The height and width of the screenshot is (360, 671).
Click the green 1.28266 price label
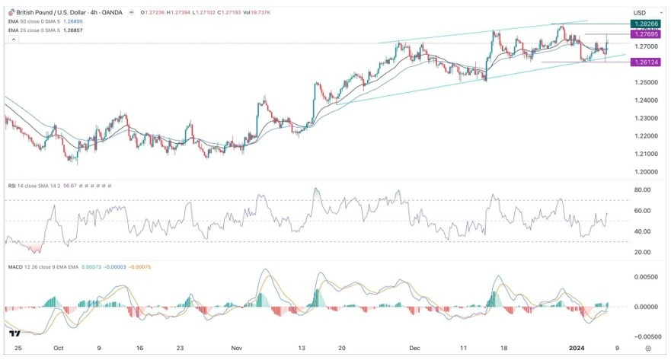click(644, 24)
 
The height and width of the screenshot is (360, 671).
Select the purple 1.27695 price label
click(644, 34)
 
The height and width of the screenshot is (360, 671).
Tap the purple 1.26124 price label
click(644, 62)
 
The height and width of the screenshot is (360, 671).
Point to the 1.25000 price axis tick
click(644, 82)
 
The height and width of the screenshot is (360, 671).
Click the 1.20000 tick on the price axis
click(644, 173)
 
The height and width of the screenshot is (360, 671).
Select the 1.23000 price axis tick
click(644, 119)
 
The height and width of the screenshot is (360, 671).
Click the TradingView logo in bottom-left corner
click(14, 333)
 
